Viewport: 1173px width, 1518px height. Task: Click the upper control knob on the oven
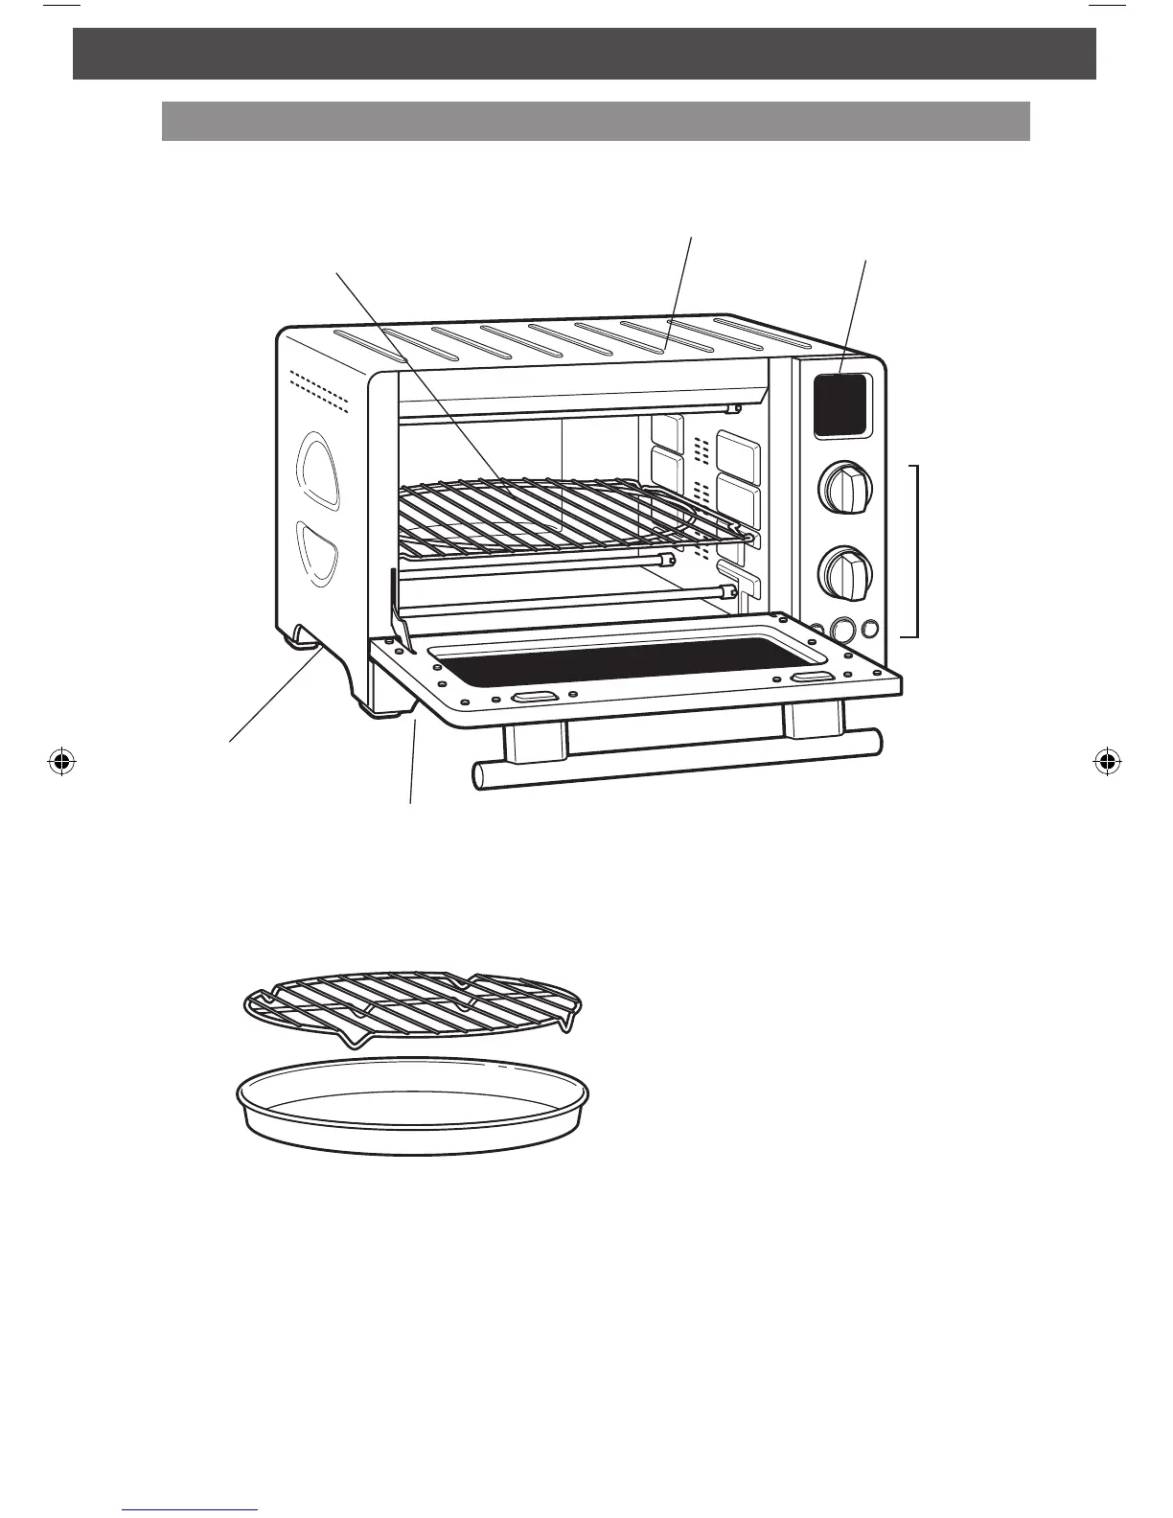point(846,489)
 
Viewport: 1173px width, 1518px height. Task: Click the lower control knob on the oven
point(846,572)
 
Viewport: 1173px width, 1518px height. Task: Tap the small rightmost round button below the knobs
point(870,629)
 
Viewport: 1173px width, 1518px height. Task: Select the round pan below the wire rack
point(412,1107)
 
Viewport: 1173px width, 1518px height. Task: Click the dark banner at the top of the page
point(585,53)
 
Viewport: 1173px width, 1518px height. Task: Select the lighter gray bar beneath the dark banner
point(595,122)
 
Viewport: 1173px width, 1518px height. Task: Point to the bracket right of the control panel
point(917,550)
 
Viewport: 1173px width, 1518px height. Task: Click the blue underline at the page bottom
point(191,1510)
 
